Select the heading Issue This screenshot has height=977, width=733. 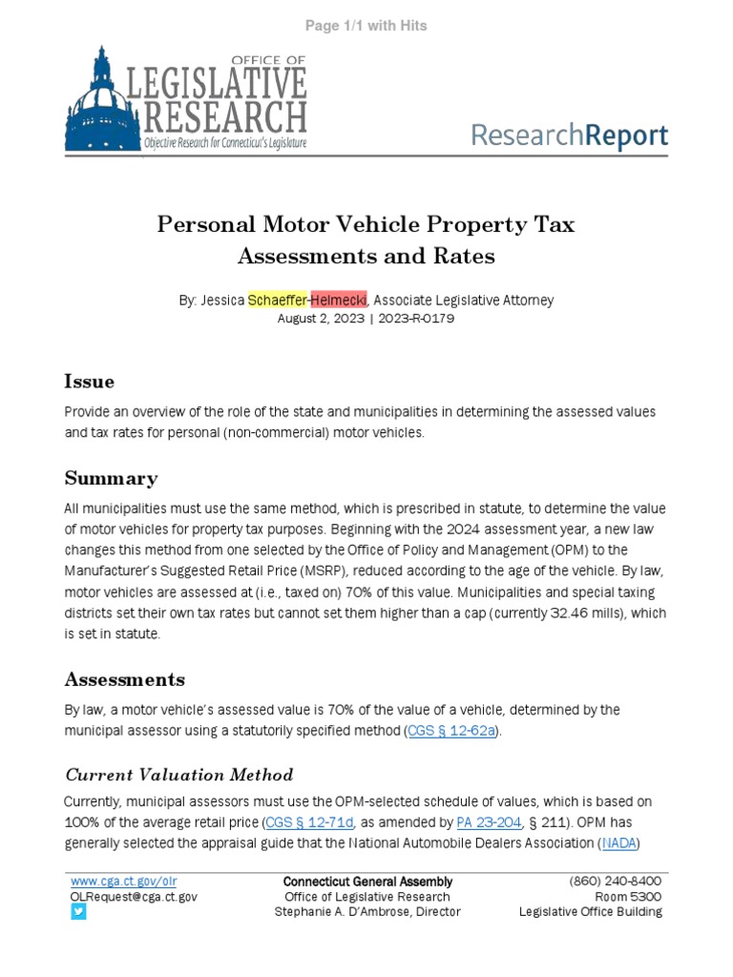click(x=89, y=382)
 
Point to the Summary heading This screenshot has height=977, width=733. click(x=111, y=478)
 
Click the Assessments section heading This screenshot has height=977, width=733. click(x=124, y=679)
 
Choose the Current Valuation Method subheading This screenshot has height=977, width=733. click(x=178, y=774)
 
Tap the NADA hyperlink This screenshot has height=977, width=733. click(x=618, y=843)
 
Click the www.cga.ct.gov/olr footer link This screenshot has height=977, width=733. click(x=123, y=882)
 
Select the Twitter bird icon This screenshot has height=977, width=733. click(x=78, y=912)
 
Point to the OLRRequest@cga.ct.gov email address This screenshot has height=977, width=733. click(x=134, y=897)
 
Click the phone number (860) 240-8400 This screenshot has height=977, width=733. click(x=616, y=882)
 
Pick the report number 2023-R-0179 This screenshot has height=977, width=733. click(x=415, y=319)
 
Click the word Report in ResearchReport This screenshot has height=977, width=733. click(x=626, y=135)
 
